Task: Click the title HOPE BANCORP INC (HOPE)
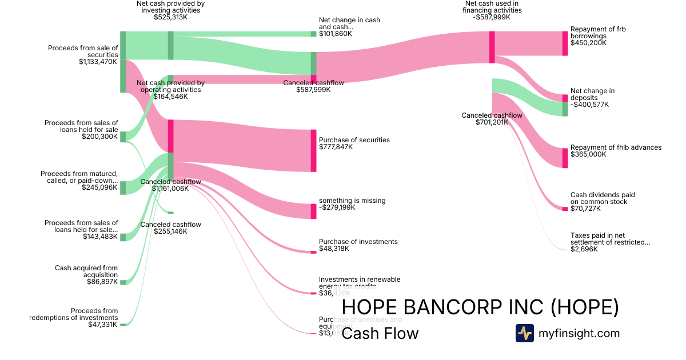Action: [x=480, y=307]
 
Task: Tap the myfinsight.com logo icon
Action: [x=524, y=333]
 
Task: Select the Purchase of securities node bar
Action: [x=313, y=150]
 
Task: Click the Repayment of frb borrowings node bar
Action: [x=565, y=43]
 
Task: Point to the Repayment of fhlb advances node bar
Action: [x=565, y=158]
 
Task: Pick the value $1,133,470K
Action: [x=98, y=62]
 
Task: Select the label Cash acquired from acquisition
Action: [x=86, y=271]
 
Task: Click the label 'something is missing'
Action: [x=352, y=201]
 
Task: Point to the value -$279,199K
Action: [x=337, y=207]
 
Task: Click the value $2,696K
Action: [x=584, y=249]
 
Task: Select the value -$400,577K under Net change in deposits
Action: [x=589, y=105]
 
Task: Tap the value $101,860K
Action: [x=335, y=34]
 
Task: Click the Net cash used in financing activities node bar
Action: [x=492, y=43]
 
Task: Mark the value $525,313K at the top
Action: [x=170, y=17]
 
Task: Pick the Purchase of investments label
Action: [x=358, y=242]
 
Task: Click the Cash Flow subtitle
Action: [x=380, y=334]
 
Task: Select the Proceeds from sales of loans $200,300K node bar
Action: [x=123, y=137]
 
